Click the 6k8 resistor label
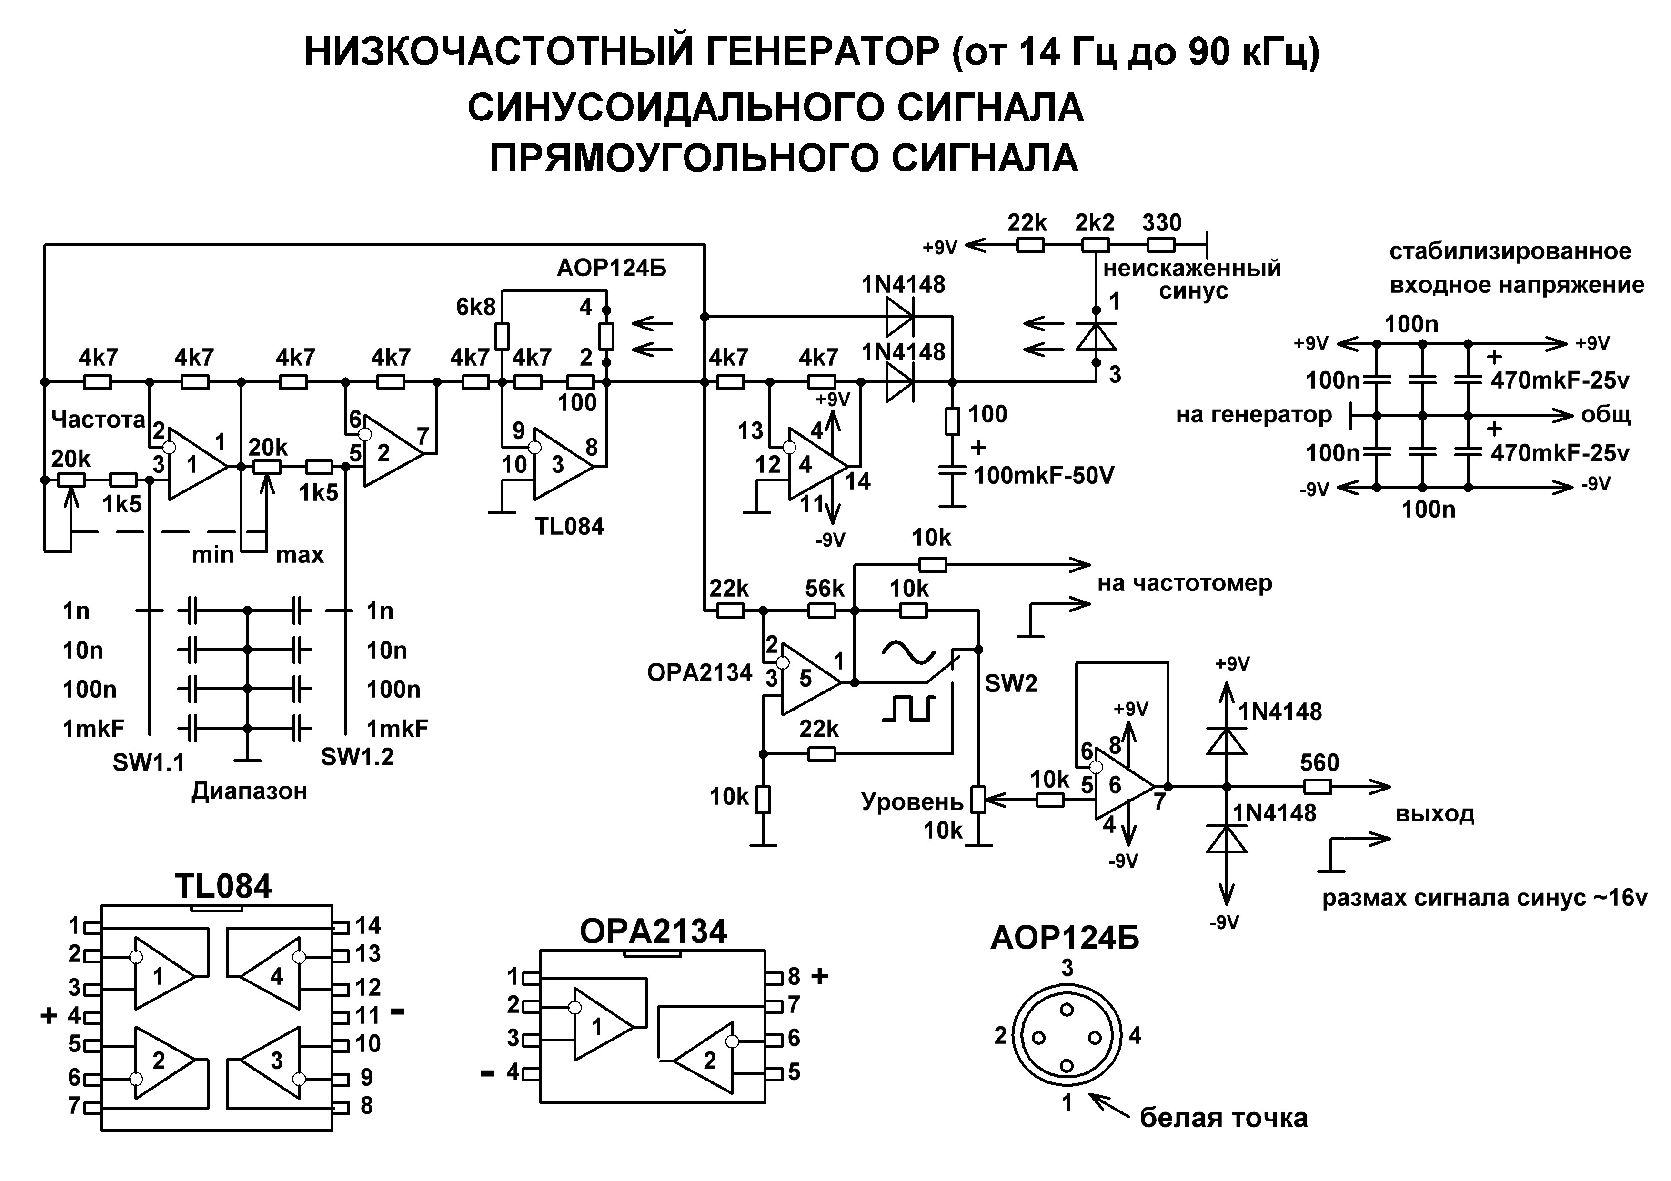coord(475,307)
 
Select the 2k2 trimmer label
coord(1095,223)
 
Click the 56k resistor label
coord(825,588)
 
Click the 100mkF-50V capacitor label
coord(1044,476)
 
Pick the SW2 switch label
coord(1011,683)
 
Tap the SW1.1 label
coord(149,762)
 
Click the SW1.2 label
coord(357,757)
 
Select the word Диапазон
coord(250,791)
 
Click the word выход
coord(1434,813)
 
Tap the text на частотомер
coord(1185,583)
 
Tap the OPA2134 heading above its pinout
coord(653,931)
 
